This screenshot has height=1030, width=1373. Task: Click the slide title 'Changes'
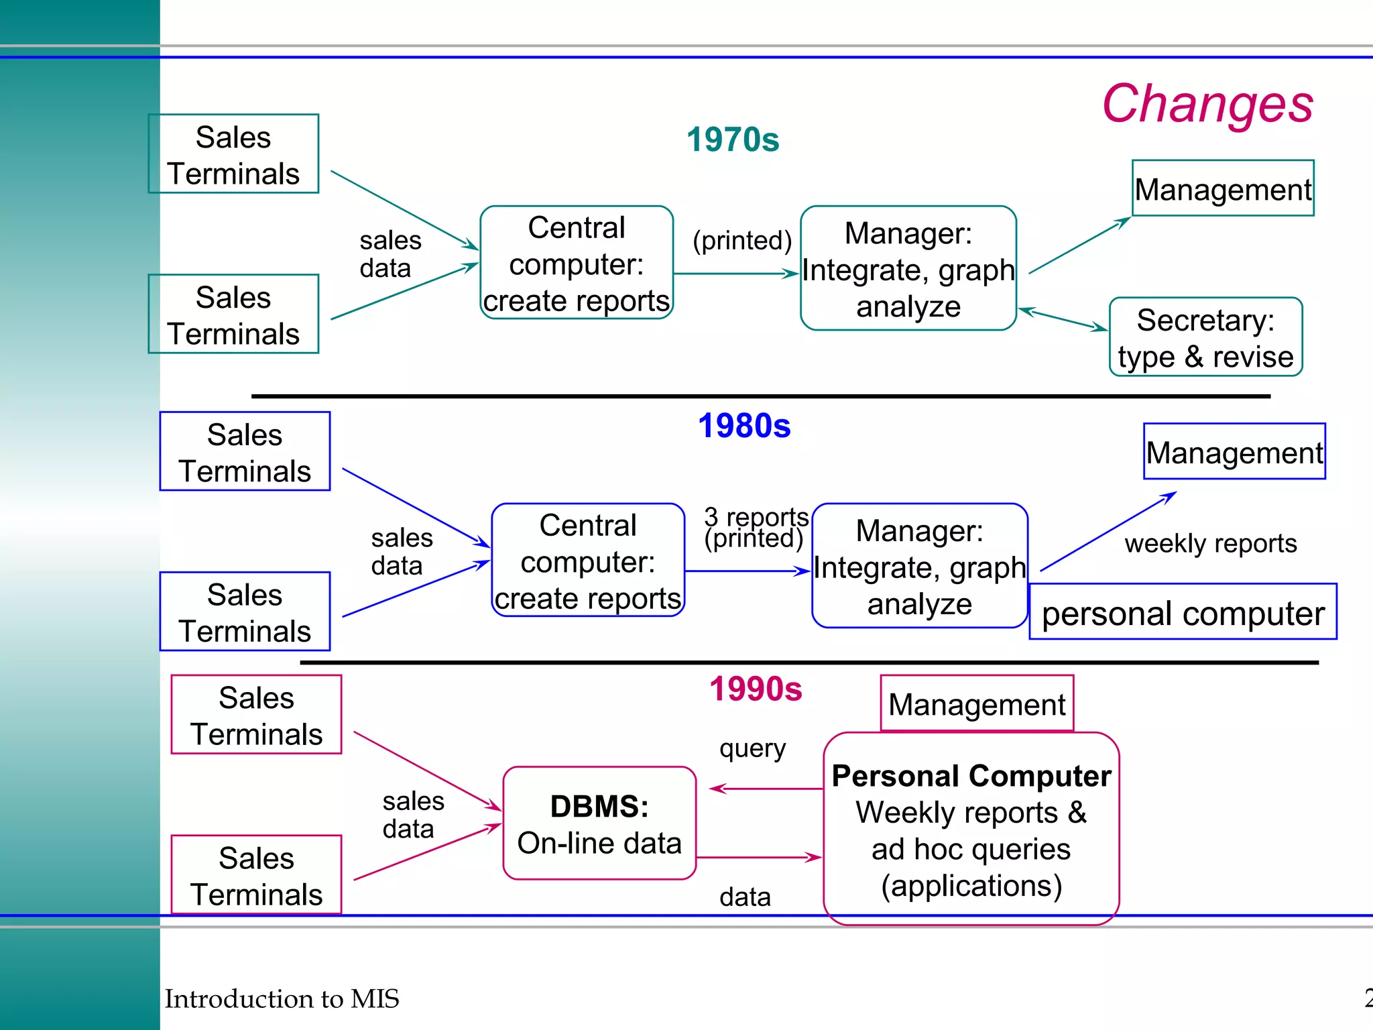pos(1207,105)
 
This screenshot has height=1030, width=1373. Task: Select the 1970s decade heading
pos(733,140)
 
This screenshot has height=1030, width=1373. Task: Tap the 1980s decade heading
pos(744,426)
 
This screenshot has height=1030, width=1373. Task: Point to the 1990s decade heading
pos(756,689)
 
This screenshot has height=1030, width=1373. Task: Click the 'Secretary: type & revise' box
pos(1205,337)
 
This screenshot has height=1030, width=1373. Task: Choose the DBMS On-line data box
pos(599,823)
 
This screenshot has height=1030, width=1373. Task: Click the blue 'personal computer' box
pos(1183,612)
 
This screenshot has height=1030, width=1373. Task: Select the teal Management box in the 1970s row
pos(1223,188)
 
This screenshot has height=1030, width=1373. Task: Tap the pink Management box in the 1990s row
pos(977,704)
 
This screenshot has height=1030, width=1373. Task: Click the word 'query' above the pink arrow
pos(752,748)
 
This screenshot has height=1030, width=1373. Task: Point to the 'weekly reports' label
pos(1211,543)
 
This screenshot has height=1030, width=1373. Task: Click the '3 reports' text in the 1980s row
pos(756,517)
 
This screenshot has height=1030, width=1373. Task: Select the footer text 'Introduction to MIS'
pos(282,998)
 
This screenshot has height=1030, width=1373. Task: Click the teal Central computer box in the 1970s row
pos(577,263)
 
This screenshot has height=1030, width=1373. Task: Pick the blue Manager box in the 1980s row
pos(919,566)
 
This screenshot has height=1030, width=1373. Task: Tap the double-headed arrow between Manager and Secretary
pos(1063,319)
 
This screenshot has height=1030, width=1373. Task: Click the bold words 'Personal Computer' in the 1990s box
pos(971,776)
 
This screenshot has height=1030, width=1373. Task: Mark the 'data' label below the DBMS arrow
pos(745,897)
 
